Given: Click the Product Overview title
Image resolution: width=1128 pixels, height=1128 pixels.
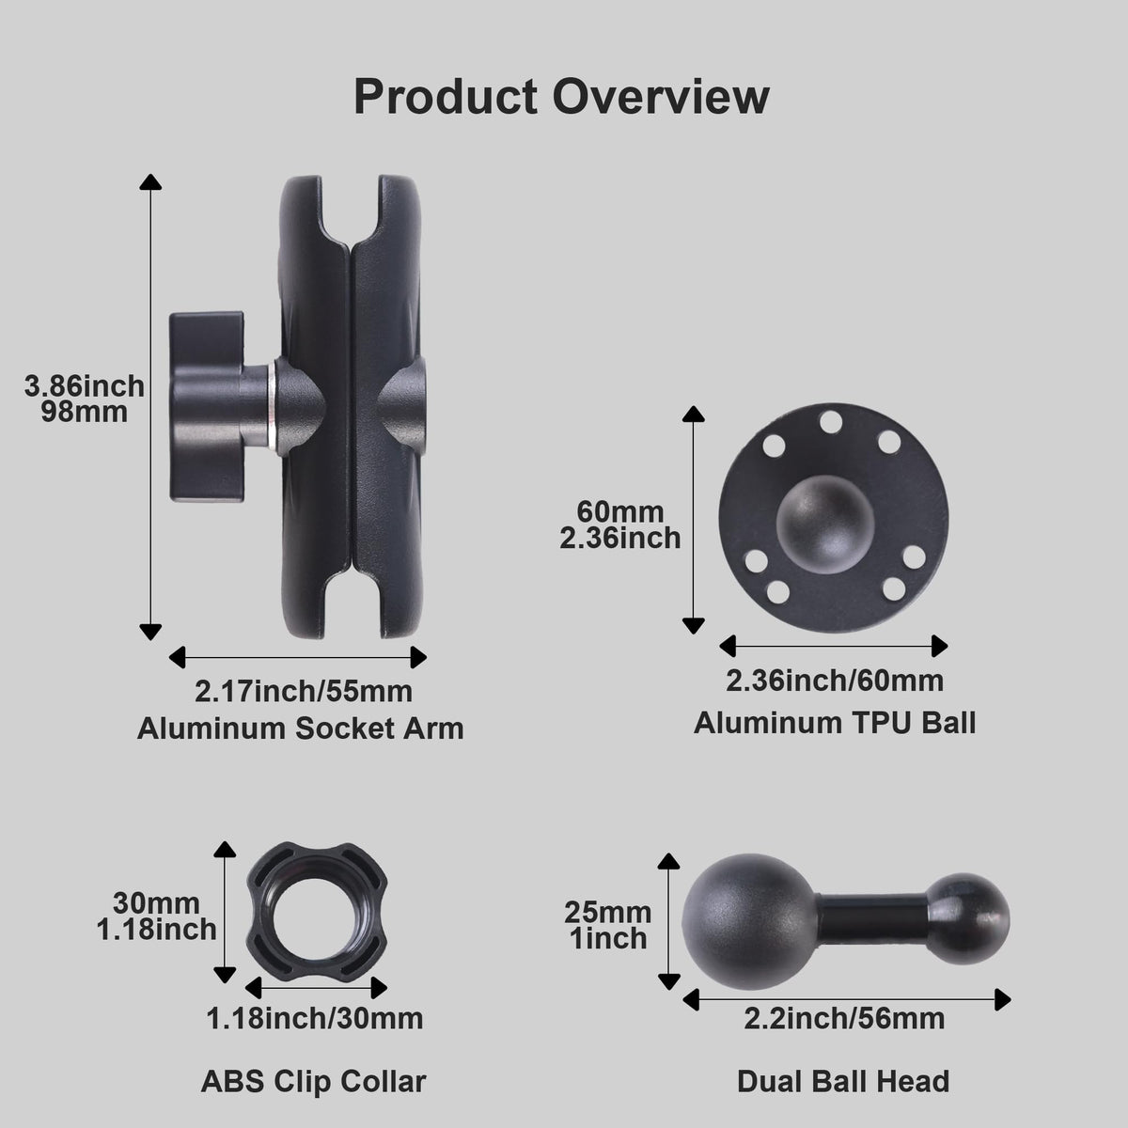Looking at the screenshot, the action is pos(561,97).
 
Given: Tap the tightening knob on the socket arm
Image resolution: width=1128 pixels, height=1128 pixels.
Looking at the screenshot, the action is pos(206,406).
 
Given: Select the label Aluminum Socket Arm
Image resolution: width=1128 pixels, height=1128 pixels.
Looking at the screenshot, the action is pos(300,728).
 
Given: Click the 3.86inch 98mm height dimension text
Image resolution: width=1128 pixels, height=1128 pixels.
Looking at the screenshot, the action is pos(84,399).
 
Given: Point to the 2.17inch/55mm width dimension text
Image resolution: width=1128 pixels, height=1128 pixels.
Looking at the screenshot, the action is pos(304,691).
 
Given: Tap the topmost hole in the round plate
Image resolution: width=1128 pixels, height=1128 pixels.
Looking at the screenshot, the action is pos(830,421).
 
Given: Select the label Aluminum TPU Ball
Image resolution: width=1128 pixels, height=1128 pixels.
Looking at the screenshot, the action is pos(835,723).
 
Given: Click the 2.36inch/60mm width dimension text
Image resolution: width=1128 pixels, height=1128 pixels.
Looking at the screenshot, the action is pos(835,681).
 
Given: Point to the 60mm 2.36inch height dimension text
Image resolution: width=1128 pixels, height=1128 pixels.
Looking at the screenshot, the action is pos(620,525).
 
